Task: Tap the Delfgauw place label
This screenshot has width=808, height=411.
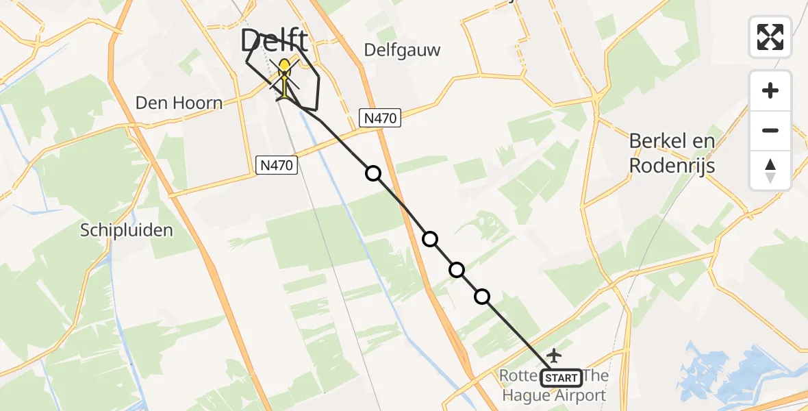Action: [402, 50]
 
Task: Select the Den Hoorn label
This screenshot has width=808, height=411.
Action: [179, 103]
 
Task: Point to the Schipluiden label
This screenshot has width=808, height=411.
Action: [127, 230]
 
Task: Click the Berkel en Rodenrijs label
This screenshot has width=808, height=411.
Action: [672, 153]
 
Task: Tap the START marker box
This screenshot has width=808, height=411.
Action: [561, 377]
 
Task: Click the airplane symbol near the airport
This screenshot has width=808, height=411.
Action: [554, 356]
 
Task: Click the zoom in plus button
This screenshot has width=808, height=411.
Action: [770, 90]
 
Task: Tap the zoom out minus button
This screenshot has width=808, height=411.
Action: [770, 130]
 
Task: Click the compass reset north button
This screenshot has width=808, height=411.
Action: [770, 170]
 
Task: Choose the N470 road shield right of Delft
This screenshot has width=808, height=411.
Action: [380, 119]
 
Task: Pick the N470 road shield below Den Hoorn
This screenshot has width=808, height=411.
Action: [276, 164]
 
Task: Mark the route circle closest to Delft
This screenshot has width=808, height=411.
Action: [373, 173]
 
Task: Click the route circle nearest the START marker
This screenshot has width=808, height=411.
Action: [482, 297]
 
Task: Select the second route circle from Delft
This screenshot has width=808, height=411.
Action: [430, 239]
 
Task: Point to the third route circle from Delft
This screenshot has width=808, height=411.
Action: [457, 270]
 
